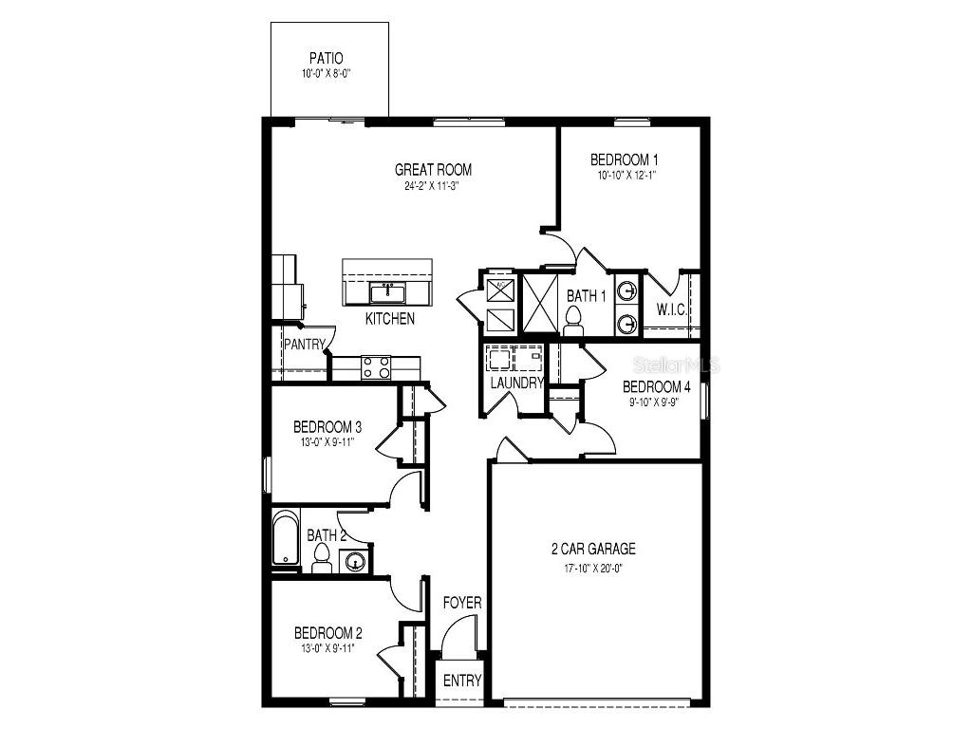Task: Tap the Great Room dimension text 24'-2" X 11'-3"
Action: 433,186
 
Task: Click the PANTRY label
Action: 304,345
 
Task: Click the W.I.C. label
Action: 673,309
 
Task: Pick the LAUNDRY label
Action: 516,383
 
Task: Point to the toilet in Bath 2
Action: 320,559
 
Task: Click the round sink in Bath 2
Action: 356,562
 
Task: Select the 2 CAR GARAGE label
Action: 593,549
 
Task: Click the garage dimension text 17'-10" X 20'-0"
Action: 593,568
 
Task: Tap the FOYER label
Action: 462,603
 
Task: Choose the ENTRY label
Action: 462,681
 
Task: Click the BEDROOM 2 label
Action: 327,633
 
